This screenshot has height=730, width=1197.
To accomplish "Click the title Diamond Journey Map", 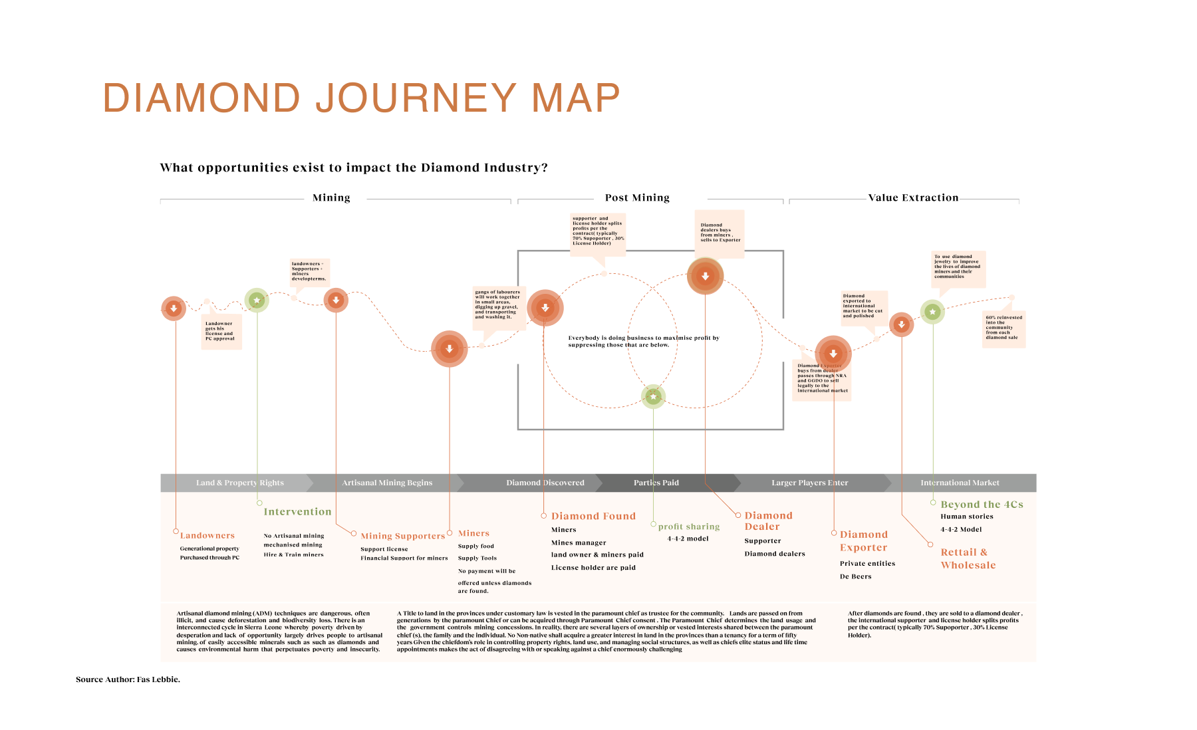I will (361, 98).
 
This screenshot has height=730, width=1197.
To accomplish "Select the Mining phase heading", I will (331, 197).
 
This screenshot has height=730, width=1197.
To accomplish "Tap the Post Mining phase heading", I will (637, 197).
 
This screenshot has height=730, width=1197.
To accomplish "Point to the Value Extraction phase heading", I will (913, 197).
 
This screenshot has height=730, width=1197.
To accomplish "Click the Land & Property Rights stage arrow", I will (239, 483).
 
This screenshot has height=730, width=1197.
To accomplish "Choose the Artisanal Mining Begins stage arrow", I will (387, 483).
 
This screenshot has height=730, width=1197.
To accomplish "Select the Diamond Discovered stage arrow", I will (545, 483).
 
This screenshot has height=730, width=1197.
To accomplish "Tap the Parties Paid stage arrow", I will (656, 483).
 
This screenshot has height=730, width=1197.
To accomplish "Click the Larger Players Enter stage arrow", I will (809, 483).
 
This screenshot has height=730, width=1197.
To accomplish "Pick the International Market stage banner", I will (960, 483).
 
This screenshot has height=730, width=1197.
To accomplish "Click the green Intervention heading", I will (297, 512).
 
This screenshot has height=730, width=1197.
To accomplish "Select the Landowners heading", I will (207, 536).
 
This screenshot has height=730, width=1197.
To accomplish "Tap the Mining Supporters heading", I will (402, 536).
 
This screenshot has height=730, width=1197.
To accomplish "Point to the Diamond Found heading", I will (593, 516).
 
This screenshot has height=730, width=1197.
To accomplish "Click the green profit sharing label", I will (688, 527).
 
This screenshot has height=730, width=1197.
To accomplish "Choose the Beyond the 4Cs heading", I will (982, 505).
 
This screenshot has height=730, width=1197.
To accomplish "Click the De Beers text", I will (855, 576).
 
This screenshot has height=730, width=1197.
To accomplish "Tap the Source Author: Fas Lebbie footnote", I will (128, 679).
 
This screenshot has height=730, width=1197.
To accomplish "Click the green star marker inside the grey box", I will (653, 397).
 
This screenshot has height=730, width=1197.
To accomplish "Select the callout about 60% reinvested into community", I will (1004, 328).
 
